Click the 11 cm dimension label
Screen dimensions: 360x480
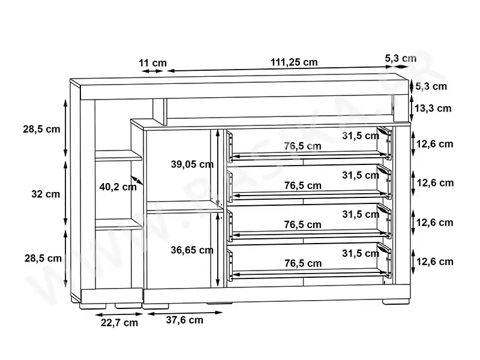(x=152, y=62)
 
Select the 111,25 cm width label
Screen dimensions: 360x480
(x=294, y=62)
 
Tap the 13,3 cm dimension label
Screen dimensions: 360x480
(x=434, y=109)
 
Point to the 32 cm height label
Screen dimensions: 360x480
(x=45, y=194)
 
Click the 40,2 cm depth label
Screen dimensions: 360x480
(x=118, y=187)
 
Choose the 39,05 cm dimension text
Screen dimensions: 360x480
(x=192, y=164)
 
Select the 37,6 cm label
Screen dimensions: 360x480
(x=184, y=320)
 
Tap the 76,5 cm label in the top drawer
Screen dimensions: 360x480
(x=303, y=146)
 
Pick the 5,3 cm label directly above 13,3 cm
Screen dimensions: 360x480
(x=431, y=86)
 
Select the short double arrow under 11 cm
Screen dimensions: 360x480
(x=152, y=71)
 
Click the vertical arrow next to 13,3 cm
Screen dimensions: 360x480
(x=412, y=109)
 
